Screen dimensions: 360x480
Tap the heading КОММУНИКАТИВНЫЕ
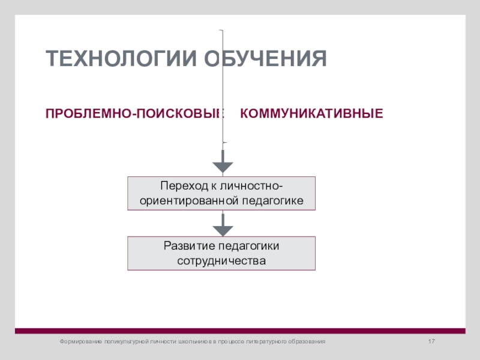point(311,113)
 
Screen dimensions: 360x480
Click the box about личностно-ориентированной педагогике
point(221,193)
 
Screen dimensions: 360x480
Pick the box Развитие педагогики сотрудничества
point(221,253)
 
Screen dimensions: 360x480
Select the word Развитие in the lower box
point(183,247)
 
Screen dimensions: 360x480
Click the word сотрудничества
point(221,261)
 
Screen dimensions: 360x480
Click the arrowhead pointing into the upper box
point(223,165)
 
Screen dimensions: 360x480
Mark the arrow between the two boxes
point(223,224)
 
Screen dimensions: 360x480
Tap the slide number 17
point(430,341)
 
